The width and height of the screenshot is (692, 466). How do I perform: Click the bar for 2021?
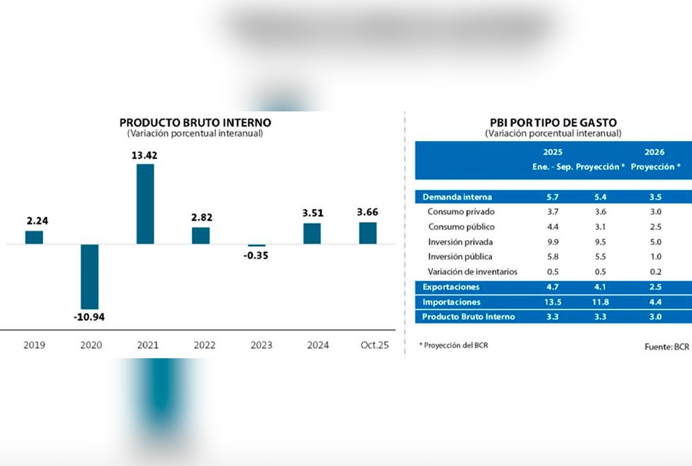(145, 204)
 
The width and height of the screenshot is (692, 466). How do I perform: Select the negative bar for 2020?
(90, 277)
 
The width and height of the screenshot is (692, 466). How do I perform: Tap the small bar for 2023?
(256, 246)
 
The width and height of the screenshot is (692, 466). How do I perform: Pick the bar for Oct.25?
(367, 233)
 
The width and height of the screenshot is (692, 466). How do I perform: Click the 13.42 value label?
(145, 154)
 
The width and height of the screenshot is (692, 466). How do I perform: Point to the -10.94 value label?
(90, 318)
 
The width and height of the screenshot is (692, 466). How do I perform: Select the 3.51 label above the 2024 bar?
(312, 213)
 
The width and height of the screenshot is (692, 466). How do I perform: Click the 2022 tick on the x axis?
(201, 345)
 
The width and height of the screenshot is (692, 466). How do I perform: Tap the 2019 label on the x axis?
(34, 345)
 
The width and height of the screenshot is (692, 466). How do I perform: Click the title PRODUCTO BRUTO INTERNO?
(195, 122)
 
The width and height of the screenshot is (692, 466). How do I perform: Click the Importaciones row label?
(452, 301)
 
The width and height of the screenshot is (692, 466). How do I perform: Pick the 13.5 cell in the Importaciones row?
(552, 301)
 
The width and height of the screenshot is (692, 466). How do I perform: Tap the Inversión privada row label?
(460, 241)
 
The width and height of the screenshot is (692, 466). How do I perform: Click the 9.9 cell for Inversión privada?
(552, 241)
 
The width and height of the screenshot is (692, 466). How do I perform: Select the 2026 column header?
(655, 152)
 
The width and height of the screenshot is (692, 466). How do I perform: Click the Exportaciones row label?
(451, 287)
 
